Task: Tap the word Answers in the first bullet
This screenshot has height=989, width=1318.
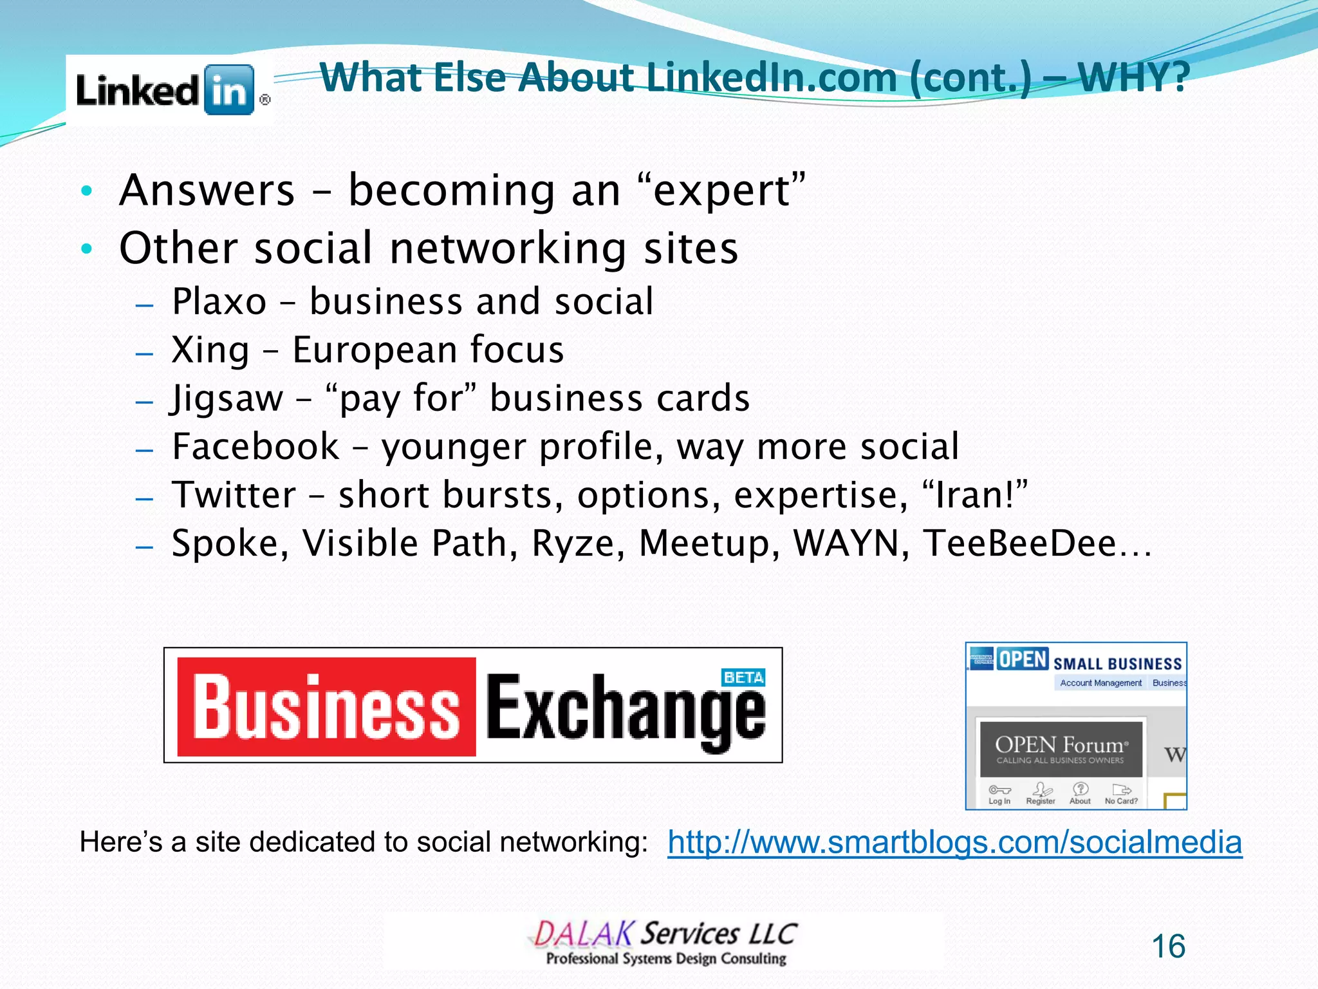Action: (207, 191)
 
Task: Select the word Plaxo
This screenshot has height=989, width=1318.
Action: (219, 301)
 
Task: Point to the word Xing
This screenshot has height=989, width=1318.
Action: (210, 350)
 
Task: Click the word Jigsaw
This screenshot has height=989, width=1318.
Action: (227, 399)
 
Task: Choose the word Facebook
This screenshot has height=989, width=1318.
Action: (255, 447)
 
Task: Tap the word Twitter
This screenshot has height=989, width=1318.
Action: (234, 495)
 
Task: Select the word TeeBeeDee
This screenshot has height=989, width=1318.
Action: (1020, 543)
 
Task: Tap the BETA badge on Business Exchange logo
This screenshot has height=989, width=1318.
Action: (743, 677)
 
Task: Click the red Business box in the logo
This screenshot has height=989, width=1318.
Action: (326, 707)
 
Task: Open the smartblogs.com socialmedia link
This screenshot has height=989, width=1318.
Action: (954, 842)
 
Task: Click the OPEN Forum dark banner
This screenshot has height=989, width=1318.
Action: (1061, 749)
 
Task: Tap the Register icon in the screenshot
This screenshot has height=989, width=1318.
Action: (1041, 791)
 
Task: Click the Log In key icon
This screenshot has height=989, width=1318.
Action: (999, 791)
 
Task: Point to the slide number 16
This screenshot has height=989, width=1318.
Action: (1168, 947)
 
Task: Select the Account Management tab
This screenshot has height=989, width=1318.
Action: (1100, 683)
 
